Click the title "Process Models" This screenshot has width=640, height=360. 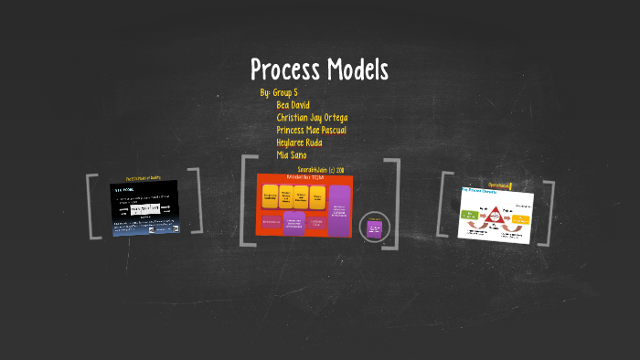pyautogui.click(x=319, y=69)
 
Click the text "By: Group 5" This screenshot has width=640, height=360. pyautogui.click(x=279, y=93)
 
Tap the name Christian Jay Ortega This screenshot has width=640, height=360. pyautogui.click(x=311, y=118)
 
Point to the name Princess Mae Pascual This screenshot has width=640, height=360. pyautogui.click(x=311, y=130)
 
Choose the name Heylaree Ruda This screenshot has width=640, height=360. pyautogui.click(x=299, y=143)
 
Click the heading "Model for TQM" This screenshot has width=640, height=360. pyautogui.click(x=304, y=177)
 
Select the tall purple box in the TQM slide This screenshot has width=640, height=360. pyautogui.click(x=339, y=209)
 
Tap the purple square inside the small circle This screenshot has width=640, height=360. pyautogui.click(x=374, y=228)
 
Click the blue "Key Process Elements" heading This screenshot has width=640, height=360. pyautogui.click(x=478, y=192)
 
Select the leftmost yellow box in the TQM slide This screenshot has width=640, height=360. pyautogui.click(x=271, y=196)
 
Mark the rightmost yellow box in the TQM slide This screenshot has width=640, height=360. pyautogui.click(x=317, y=197)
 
